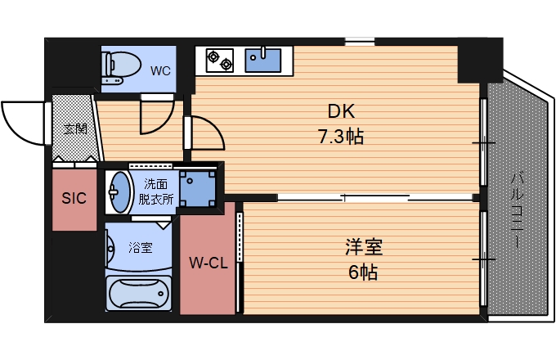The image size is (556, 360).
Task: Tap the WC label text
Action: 160,70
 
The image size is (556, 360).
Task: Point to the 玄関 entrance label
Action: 76,128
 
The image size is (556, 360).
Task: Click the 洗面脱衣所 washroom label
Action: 155,191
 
